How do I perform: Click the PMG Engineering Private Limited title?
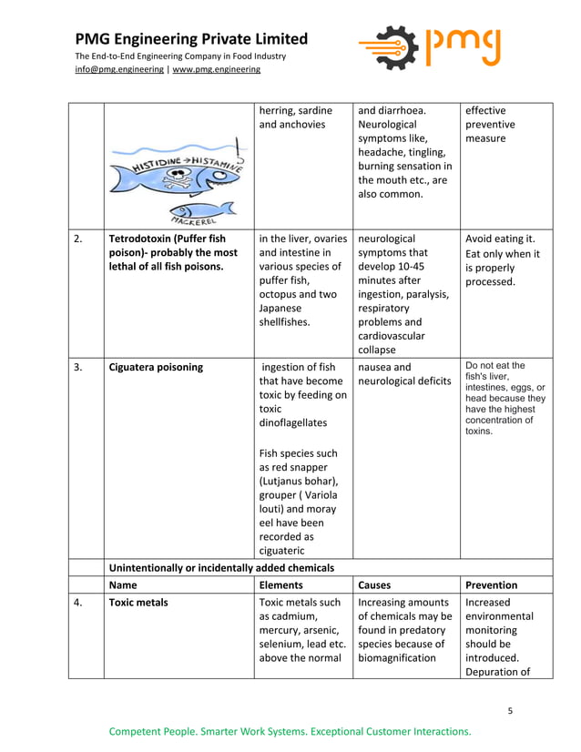[191, 39]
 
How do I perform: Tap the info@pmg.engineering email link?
[119, 69]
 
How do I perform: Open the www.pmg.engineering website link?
[217, 69]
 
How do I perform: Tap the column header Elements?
[281, 585]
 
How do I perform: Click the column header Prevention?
[491, 585]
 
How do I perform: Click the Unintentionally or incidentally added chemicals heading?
[221, 567]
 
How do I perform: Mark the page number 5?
[511, 710]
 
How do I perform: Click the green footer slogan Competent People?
[290, 731]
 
